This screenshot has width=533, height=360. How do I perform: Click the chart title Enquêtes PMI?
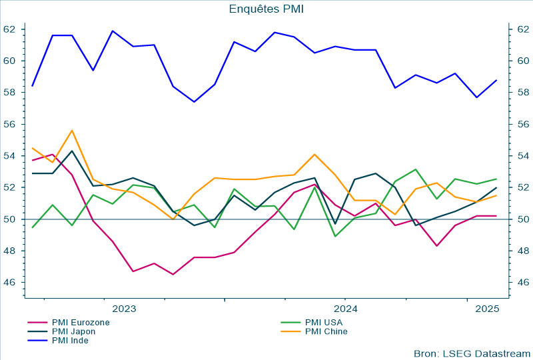click(266, 9)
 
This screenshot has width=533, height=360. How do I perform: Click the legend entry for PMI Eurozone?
click(80, 323)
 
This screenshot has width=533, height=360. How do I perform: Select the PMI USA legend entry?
click(323, 323)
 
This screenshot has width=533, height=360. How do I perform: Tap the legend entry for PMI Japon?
click(73, 331)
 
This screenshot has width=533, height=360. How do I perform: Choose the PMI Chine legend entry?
click(326, 331)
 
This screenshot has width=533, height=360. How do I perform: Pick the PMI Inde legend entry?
click(70, 340)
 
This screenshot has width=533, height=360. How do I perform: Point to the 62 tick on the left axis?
click(9, 29)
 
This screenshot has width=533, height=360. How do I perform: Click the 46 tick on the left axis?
click(9, 283)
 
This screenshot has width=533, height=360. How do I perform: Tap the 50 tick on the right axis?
click(523, 219)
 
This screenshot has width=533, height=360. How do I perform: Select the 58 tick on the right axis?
click(523, 93)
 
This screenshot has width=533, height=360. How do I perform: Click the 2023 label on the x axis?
click(124, 309)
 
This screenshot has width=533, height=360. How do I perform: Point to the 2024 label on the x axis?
click(346, 309)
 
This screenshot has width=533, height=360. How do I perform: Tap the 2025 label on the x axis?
click(487, 309)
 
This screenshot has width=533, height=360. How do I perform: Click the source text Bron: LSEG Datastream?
click(472, 353)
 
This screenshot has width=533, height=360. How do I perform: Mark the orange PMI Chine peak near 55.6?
click(72, 131)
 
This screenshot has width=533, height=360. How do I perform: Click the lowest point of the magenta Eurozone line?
click(173, 275)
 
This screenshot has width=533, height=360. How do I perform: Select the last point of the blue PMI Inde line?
click(496, 80)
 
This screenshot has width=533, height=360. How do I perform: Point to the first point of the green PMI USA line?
click(33, 228)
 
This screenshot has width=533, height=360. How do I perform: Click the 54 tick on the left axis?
click(9, 156)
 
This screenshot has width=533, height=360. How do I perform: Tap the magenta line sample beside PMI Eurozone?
click(37, 323)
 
